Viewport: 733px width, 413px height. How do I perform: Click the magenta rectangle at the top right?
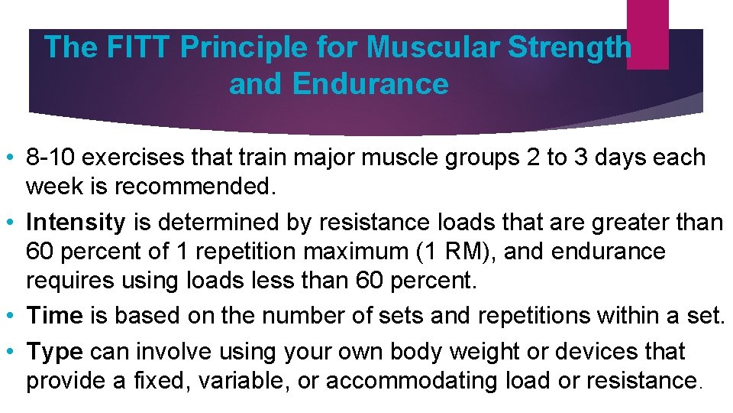point(647,34)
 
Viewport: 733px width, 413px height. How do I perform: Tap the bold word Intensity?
point(76,223)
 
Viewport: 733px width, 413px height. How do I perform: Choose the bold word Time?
point(53,316)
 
